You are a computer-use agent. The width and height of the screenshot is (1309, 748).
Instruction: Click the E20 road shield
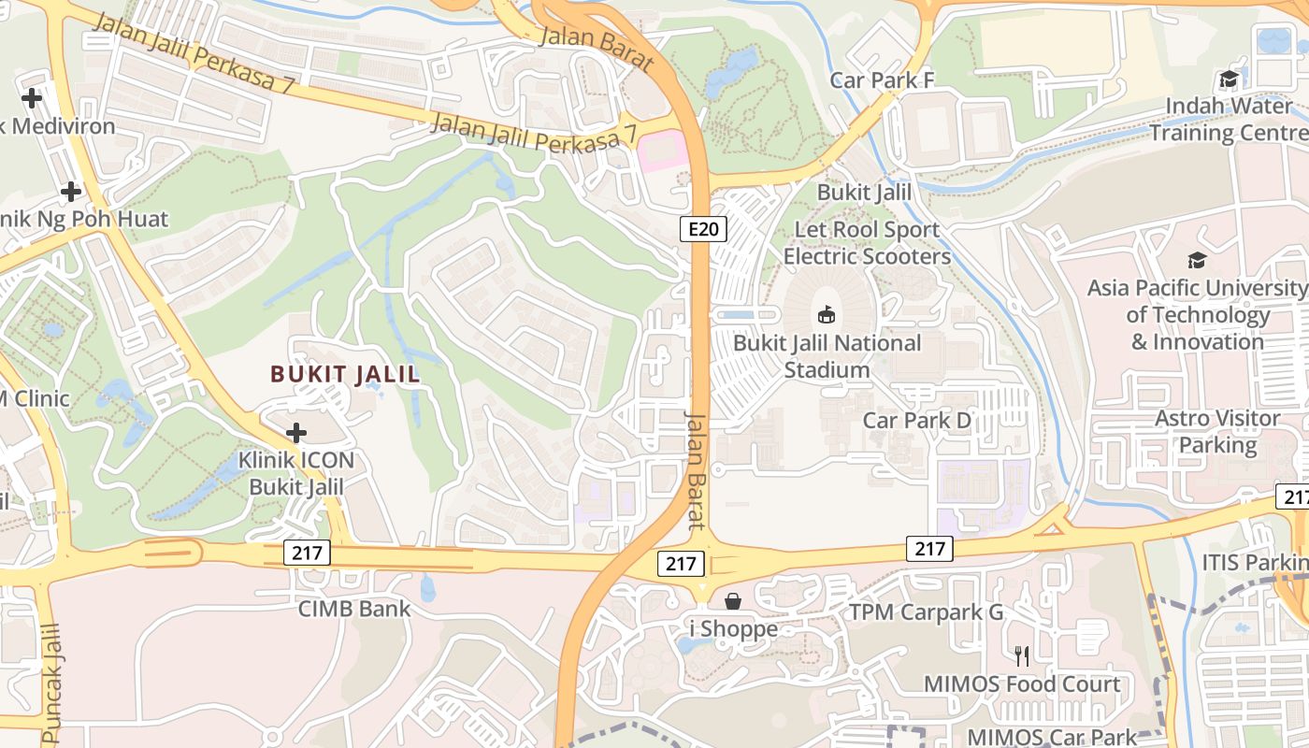(x=703, y=229)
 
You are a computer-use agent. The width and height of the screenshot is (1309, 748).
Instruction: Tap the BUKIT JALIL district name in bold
(x=345, y=375)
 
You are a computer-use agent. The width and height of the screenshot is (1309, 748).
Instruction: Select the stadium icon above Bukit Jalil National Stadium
(x=827, y=314)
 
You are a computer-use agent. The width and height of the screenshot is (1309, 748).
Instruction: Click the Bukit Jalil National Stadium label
(x=827, y=356)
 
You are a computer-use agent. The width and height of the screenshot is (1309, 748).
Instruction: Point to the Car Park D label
(x=916, y=421)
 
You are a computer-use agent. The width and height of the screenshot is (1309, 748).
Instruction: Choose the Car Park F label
(x=882, y=80)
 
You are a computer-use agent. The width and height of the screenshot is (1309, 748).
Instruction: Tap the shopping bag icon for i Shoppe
(x=733, y=600)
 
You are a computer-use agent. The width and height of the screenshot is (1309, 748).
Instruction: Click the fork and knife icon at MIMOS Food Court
(x=1022, y=655)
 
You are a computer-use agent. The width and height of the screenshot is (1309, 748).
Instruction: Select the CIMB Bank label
(x=353, y=609)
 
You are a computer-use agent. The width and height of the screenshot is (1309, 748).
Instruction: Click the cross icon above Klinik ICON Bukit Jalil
(x=296, y=432)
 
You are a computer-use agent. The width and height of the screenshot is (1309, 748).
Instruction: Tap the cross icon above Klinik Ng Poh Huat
(x=70, y=192)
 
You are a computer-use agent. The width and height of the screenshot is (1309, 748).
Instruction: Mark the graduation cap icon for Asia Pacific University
(x=1197, y=260)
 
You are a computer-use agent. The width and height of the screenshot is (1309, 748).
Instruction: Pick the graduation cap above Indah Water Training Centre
(x=1229, y=79)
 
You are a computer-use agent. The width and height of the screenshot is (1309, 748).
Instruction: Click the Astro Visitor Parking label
(x=1217, y=431)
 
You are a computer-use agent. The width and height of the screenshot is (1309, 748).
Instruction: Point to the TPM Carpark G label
(x=925, y=612)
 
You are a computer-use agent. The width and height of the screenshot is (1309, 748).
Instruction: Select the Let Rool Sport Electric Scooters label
(x=866, y=243)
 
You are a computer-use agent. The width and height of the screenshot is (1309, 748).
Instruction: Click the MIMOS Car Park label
(x=1052, y=737)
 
